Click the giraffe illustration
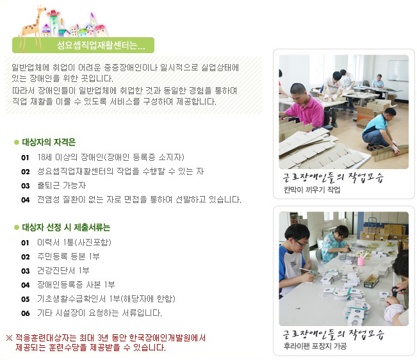[33, 27]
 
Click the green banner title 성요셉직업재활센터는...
[101, 45]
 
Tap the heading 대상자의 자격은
[49, 142]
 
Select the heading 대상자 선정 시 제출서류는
[66, 227]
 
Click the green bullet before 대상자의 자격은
[17, 142]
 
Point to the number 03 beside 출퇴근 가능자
[25, 186]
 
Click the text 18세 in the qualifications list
[44, 157]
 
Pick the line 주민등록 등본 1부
[69, 256]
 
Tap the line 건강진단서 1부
[63, 270]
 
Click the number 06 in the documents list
[25, 313]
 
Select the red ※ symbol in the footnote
[10, 338]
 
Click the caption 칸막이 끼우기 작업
[312, 190]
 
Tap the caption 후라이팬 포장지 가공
[315, 346]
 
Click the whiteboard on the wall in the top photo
[398, 70]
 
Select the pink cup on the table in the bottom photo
[361, 260]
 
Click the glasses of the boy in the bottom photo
[301, 243]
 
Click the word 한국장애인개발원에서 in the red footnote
[167, 338]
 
